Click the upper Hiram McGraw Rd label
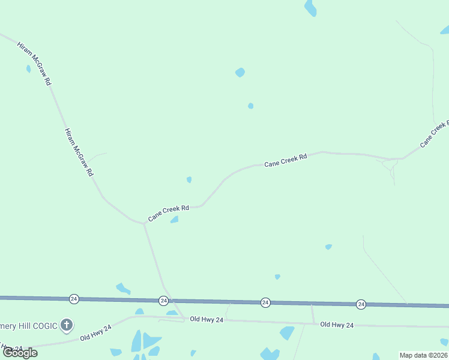coord(34,64)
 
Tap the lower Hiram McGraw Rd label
coord(79,152)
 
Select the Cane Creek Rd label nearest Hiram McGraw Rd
coord(169,212)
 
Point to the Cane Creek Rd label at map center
coord(286,160)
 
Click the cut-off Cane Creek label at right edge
coord(435,134)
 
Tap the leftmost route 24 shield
coord(74,298)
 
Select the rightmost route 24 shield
coord(361,304)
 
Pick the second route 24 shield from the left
coord(164,300)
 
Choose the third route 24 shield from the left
coord(265,302)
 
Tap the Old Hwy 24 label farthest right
coord(337,325)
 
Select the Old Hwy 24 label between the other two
coord(206,320)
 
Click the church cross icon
coord(67,326)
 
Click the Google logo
coord(20,353)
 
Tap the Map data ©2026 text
coord(423,355)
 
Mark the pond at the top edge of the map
coord(310,8)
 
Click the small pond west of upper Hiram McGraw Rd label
coord(28,69)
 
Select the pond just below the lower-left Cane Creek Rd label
coord(175,220)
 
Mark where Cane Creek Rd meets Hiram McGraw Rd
coord(144,224)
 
